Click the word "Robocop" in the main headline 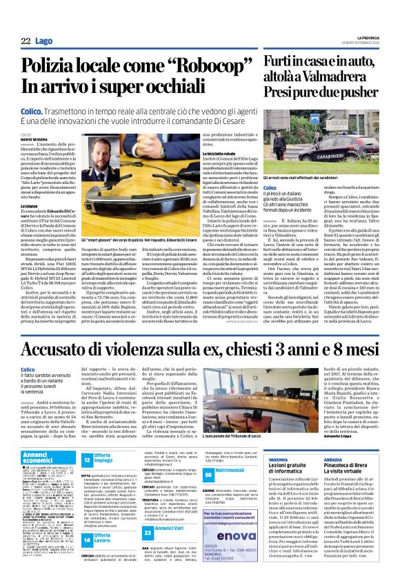[x=192, y=67]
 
